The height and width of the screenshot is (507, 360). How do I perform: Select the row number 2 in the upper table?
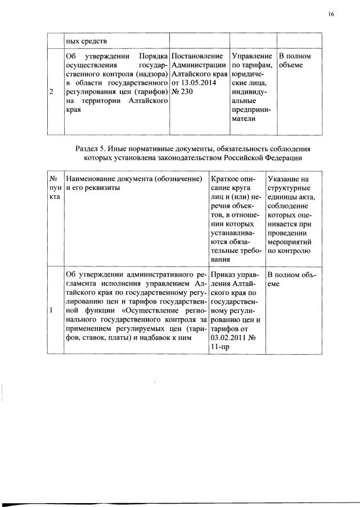tap(51, 93)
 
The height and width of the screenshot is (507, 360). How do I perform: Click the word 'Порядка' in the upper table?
tap(153, 57)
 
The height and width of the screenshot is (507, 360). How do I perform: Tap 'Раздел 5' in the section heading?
tap(91, 149)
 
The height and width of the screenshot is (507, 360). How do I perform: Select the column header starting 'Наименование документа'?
tap(134, 179)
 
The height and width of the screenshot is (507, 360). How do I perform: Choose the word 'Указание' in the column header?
tap(285, 179)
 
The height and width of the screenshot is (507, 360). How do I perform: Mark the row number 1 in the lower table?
tap(51, 310)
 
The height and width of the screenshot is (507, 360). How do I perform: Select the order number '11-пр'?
tap(219, 346)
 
